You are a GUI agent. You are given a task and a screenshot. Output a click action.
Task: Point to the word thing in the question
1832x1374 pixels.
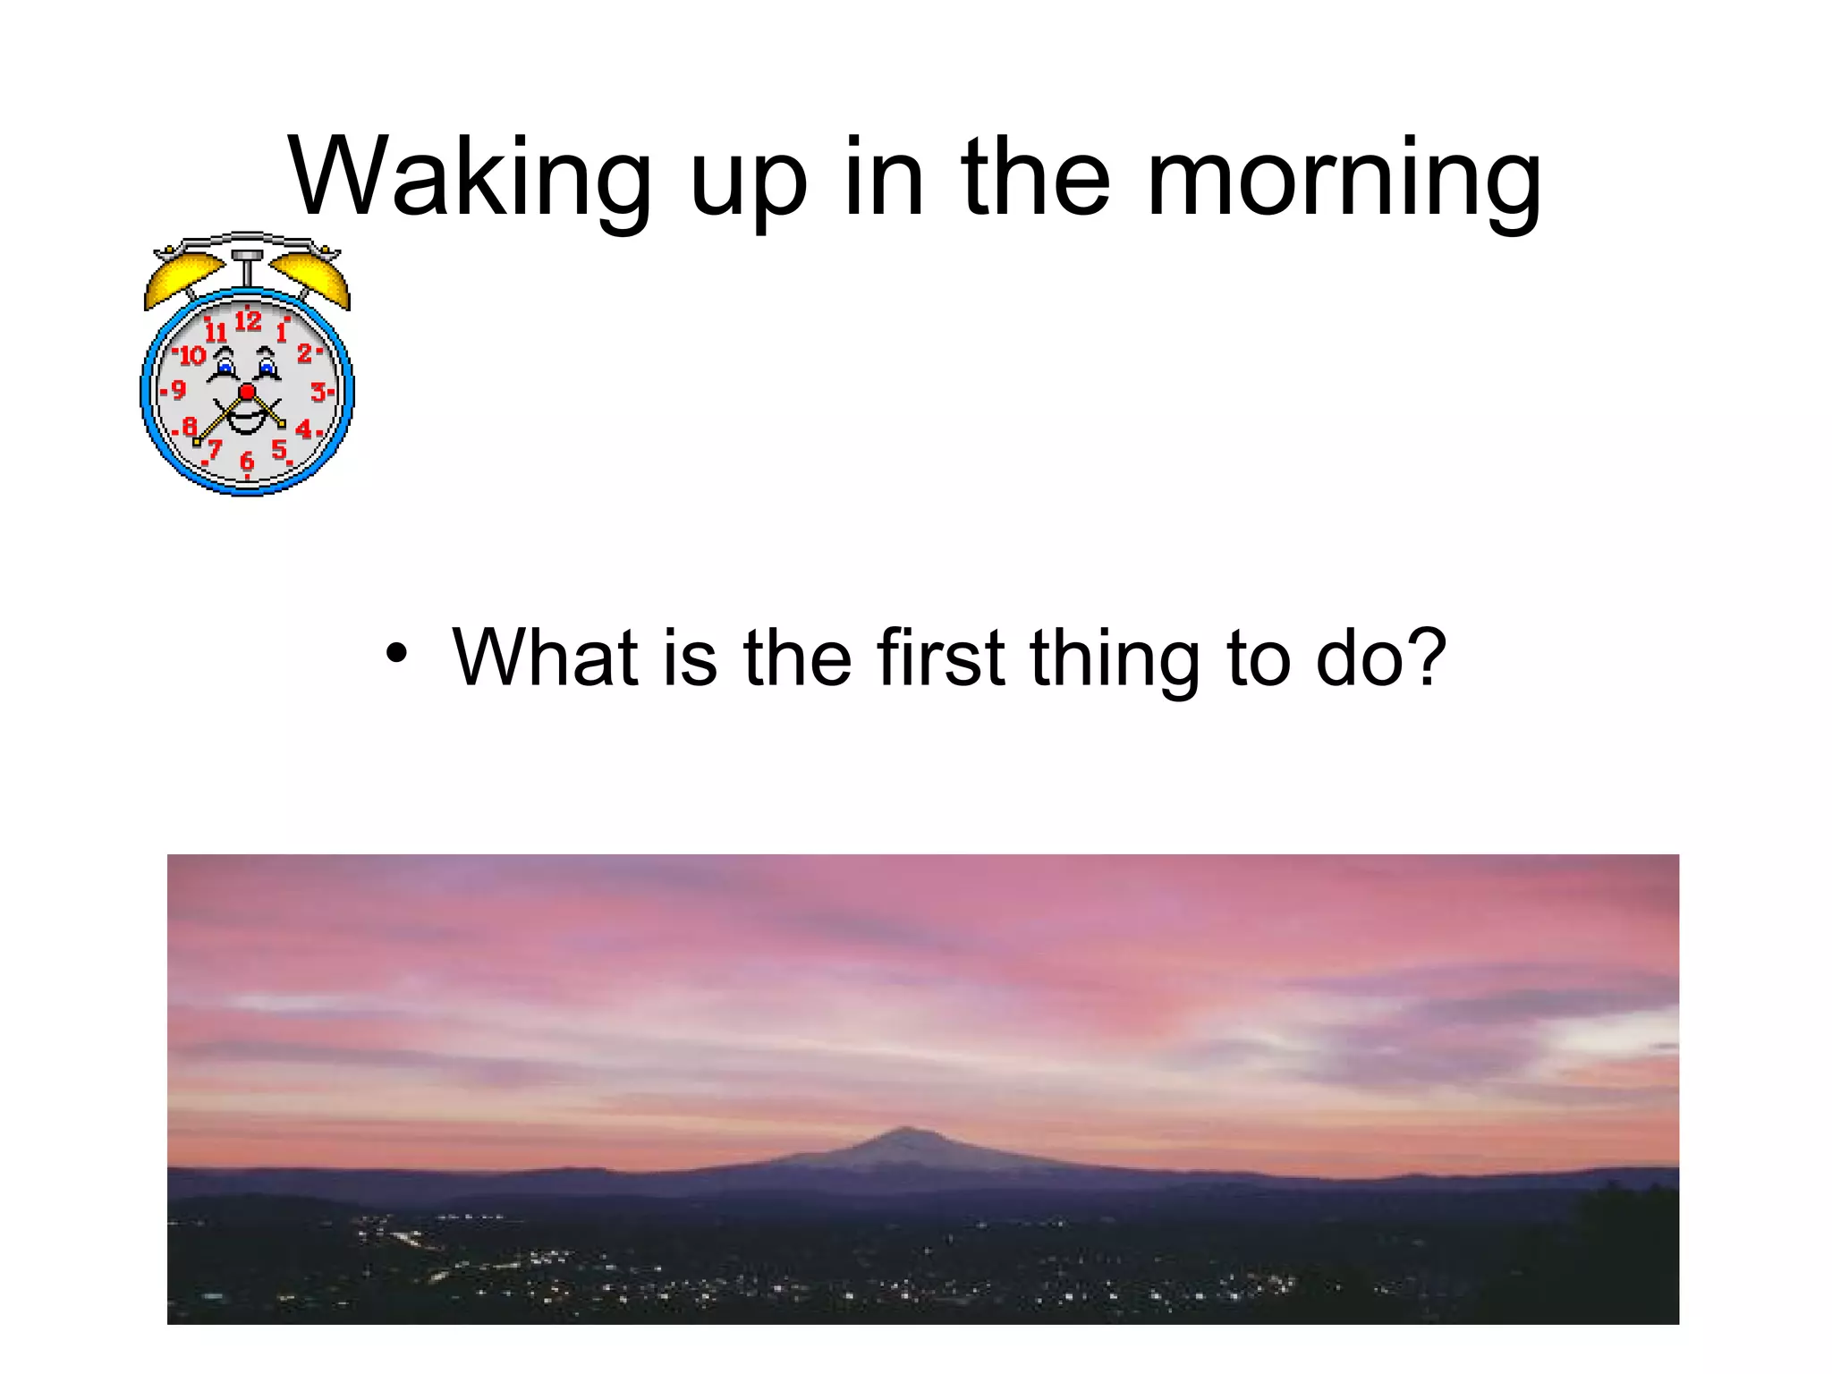click(1115, 660)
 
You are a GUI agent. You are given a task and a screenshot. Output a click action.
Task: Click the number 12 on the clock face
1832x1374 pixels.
click(248, 320)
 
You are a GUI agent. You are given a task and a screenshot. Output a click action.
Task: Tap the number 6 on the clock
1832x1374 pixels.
click(247, 461)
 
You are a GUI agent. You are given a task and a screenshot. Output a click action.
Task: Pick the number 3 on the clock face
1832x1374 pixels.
click(318, 392)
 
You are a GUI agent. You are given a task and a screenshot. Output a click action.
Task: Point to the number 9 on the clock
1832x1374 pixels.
click(178, 390)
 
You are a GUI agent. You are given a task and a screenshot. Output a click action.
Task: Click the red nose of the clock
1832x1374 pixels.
click(248, 392)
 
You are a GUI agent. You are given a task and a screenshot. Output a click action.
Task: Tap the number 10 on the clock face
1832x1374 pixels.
click(192, 356)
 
